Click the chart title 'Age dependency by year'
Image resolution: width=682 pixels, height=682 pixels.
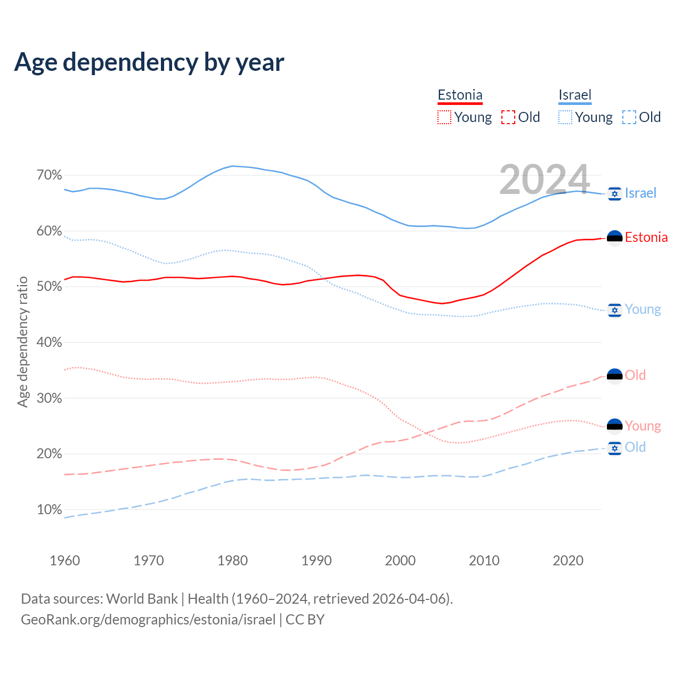coord(149,62)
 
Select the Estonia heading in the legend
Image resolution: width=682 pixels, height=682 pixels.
coord(460,95)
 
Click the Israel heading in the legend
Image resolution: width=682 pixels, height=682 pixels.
coord(575,95)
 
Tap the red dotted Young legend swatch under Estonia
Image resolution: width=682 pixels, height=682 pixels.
coord(444,117)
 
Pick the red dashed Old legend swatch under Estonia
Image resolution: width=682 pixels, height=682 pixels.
coord(508,117)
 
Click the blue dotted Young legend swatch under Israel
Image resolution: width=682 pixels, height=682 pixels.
coord(565,117)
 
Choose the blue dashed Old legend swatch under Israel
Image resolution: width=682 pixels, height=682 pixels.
coord(629,117)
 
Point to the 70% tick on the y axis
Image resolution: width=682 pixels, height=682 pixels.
coord(49,175)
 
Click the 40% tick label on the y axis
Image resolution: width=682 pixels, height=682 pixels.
coord(49,343)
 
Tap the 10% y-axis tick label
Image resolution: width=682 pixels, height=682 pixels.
coord(49,510)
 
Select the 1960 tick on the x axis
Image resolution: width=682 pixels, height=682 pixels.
coord(64,561)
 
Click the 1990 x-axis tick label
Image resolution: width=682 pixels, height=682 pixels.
coord(316,561)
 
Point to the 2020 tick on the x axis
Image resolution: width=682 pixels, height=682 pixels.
coord(568,561)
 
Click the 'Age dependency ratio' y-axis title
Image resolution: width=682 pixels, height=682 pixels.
coord(22,342)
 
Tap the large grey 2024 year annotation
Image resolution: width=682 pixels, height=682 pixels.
coord(545,179)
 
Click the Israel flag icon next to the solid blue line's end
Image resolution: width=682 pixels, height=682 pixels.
coord(614,194)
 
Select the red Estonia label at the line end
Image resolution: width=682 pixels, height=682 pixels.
coord(646,238)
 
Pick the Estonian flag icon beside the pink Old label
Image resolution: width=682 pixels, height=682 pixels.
coord(614,376)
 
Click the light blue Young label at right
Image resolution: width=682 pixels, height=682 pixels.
coord(643,310)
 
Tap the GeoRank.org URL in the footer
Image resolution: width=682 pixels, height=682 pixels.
coord(148,620)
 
